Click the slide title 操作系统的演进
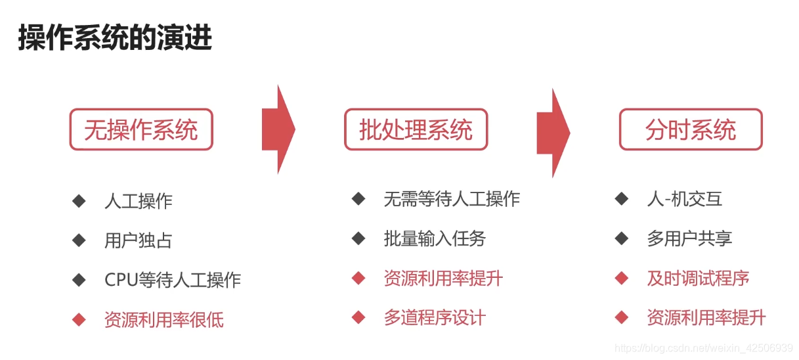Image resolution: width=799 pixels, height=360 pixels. click(115, 38)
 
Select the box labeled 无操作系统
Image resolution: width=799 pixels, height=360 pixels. click(141, 129)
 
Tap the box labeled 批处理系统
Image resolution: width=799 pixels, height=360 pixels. click(416, 129)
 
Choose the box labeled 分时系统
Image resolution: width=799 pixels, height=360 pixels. click(691, 129)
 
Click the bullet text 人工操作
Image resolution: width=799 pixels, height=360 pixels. click(139, 201)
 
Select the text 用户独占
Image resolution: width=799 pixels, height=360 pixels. click(139, 240)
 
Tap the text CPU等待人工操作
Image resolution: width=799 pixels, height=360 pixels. click(173, 280)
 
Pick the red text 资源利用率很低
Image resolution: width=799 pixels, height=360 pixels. click(164, 320)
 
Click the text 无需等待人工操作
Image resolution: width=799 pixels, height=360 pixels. click(452, 198)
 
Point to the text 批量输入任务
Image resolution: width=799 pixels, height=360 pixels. click(435, 238)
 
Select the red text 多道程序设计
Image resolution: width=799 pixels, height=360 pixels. click(435, 318)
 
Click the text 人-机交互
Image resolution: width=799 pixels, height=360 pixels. click(685, 198)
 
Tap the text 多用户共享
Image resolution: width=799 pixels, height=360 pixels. click(689, 238)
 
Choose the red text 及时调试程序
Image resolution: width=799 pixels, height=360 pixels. click(698, 279)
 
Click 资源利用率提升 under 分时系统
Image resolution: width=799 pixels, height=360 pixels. click(706, 318)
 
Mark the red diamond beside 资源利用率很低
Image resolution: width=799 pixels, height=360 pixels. click(79, 320)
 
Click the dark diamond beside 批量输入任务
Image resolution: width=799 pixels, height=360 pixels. click(358, 238)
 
